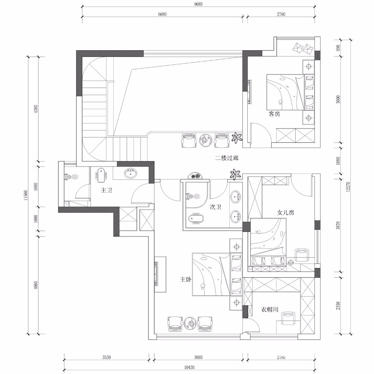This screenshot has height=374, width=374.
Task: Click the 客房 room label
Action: [274, 114]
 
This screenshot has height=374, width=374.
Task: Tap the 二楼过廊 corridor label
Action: [227, 158]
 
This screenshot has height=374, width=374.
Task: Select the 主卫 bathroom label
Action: [107, 190]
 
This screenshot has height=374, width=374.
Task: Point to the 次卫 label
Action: [215, 207]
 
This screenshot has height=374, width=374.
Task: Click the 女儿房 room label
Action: [286, 212]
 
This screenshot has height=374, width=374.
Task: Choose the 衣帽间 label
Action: [269, 310]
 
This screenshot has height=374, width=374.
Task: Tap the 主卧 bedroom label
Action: [186, 279]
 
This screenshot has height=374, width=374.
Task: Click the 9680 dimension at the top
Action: [198, 4]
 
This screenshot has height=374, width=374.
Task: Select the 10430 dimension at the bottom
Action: [189, 367]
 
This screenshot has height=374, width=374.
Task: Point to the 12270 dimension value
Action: [348, 187]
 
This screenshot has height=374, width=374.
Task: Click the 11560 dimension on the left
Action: [26, 195]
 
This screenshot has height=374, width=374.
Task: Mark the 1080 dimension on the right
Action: [338, 161]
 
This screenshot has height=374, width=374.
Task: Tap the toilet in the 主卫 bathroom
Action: [101, 176]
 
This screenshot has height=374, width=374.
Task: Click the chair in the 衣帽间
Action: [288, 318]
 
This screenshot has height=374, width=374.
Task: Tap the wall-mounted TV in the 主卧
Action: [156, 274]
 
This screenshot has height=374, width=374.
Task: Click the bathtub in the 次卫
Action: [196, 219]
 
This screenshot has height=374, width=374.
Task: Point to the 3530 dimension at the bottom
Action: [107, 357]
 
